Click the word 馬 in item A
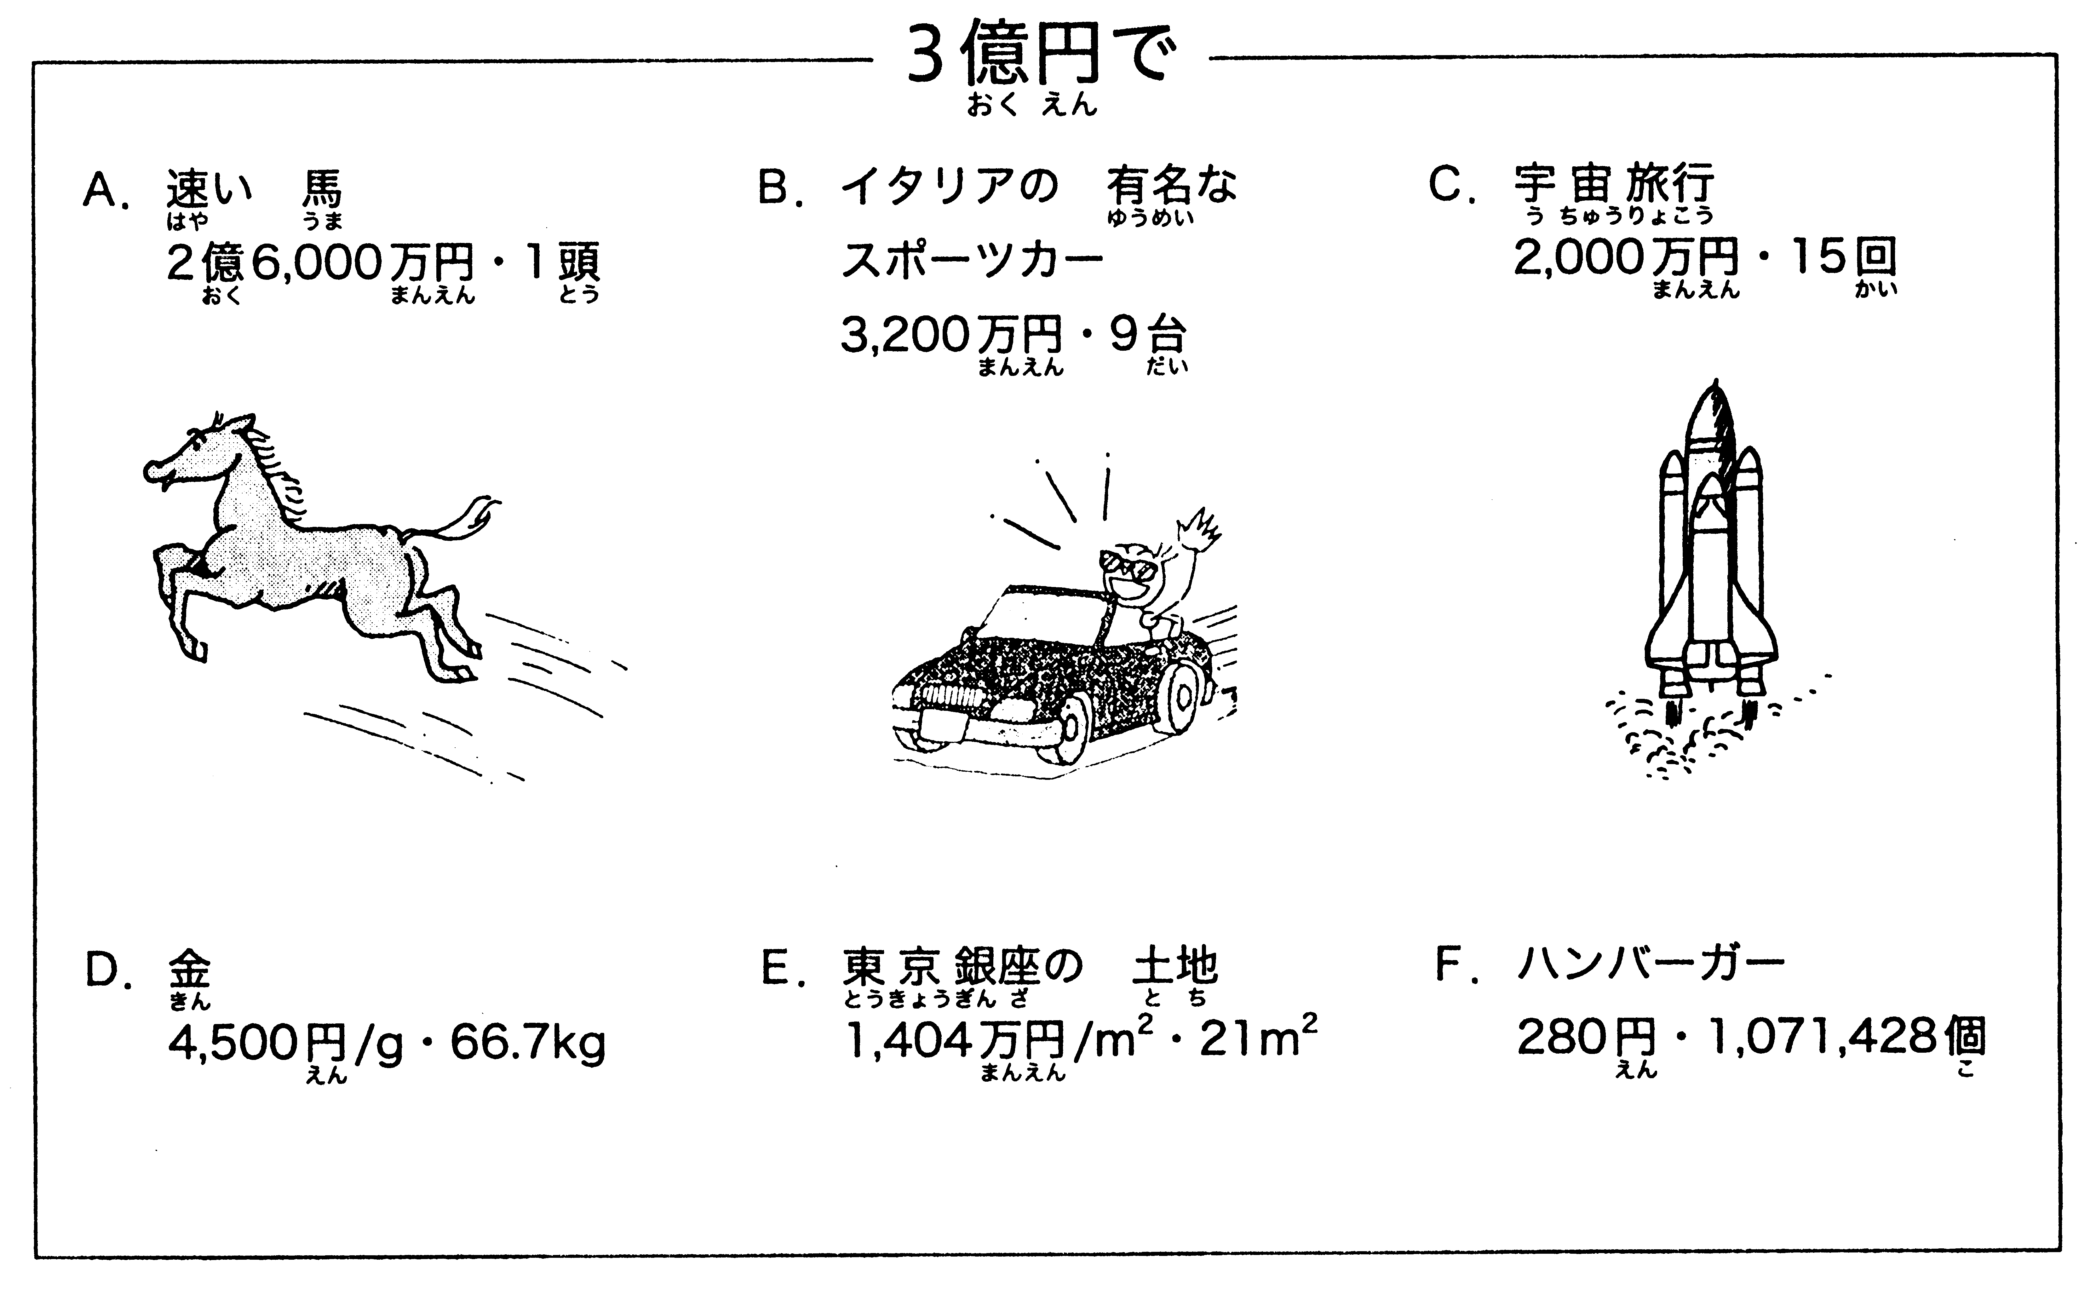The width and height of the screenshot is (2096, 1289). pos(321,187)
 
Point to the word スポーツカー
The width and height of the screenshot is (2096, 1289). pos(972,261)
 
